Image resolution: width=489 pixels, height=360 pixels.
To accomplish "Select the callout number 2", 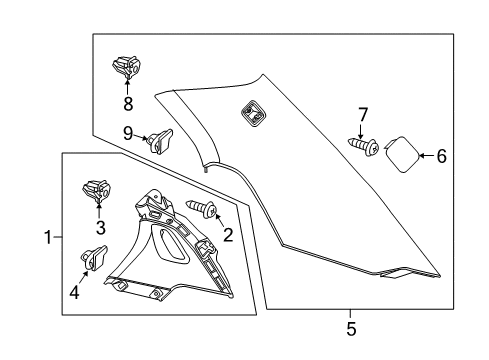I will pos(228,235).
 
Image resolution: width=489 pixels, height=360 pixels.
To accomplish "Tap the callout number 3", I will pos(101,228).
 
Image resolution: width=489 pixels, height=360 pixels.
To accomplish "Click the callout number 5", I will pos(350,327).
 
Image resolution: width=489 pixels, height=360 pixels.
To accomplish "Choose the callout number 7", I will pos(363,113).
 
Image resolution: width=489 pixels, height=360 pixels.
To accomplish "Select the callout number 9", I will pos(128,133).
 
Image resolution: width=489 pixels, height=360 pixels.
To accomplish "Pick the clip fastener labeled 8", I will pos(125,68).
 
